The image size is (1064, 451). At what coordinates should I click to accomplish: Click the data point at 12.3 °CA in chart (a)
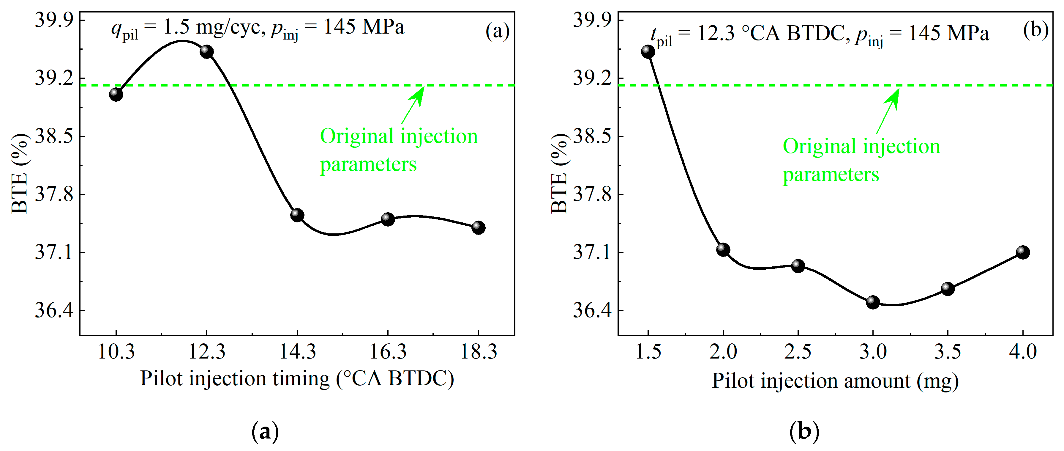pos(206,52)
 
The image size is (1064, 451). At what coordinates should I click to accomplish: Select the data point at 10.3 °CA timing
pos(116,94)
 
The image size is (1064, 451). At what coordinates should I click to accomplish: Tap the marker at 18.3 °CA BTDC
pos(478,227)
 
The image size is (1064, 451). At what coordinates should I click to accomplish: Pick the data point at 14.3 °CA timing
pos(297,215)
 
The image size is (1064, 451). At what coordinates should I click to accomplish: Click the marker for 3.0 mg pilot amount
pos(872,302)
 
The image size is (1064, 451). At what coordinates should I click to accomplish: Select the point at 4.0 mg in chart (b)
pos(1022,252)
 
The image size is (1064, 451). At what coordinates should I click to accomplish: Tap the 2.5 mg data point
pos(798,266)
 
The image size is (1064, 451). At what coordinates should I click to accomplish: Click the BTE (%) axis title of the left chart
pos(20,174)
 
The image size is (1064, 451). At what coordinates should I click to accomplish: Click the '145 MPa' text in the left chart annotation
pos(364,27)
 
